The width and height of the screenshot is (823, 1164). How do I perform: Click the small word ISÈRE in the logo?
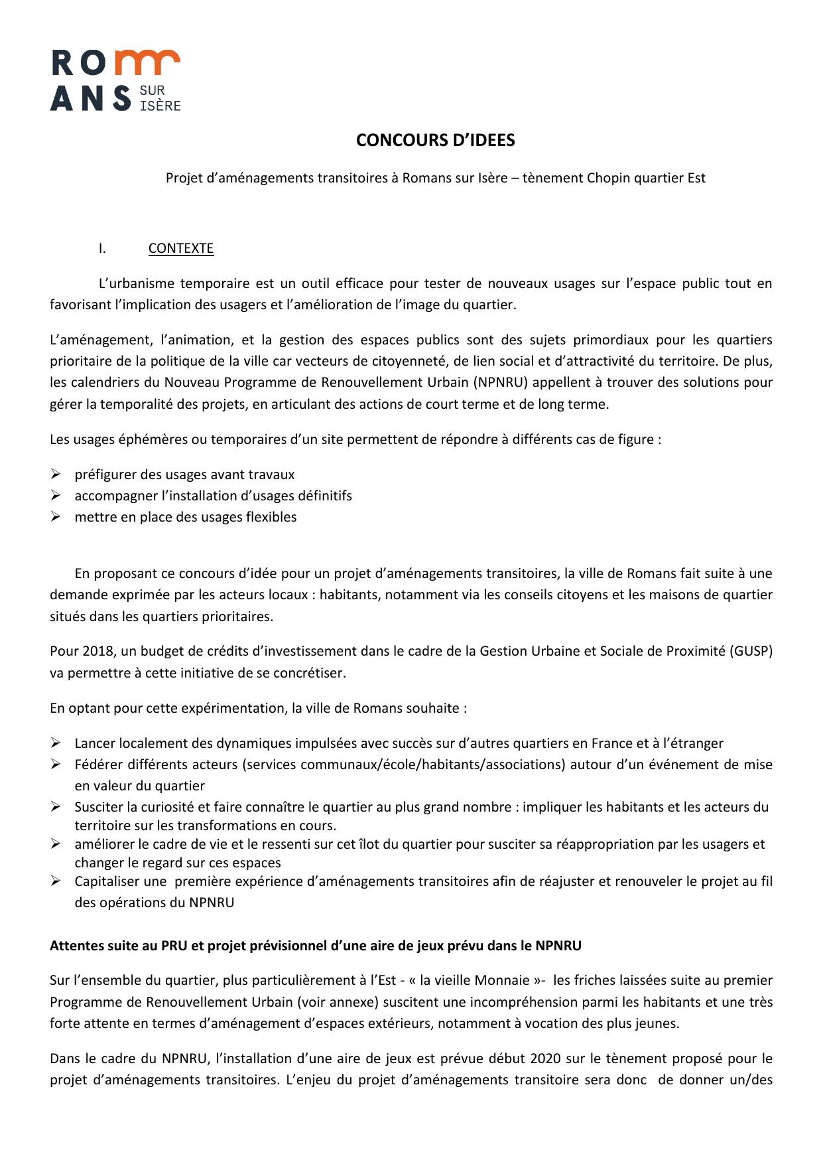click(160, 105)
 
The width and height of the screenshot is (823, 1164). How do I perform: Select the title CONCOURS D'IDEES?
click(435, 140)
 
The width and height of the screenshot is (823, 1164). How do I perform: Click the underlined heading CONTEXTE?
click(180, 248)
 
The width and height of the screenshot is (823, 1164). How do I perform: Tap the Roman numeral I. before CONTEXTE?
click(102, 248)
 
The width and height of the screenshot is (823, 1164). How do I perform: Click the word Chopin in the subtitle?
click(609, 178)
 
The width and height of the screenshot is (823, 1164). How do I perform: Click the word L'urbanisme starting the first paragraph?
click(136, 284)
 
